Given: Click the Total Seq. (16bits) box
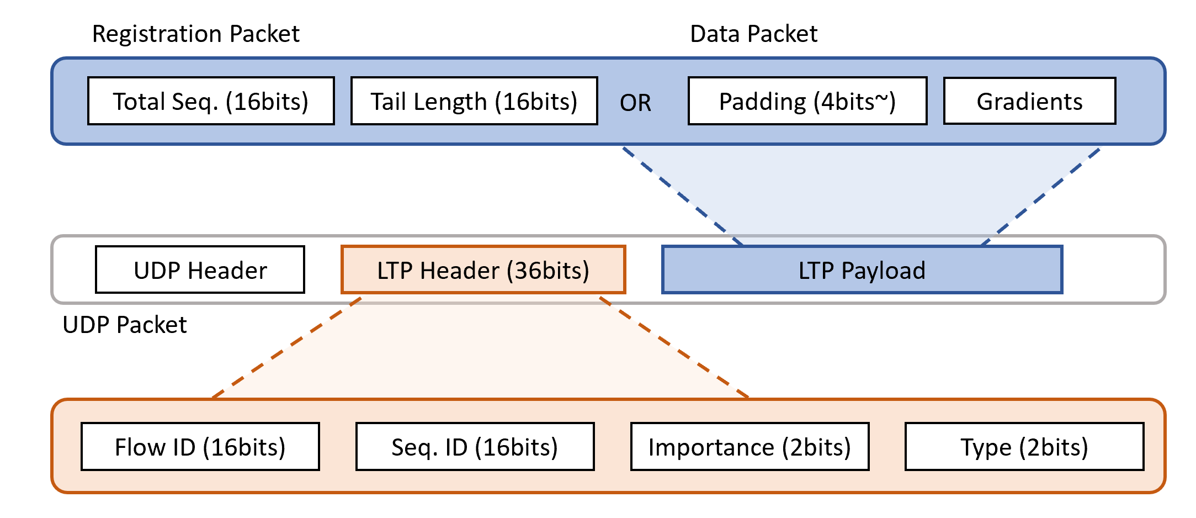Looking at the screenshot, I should [x=211, y=101].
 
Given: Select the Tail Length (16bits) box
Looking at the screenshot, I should [x=474, y=101].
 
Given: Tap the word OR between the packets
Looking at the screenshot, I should [x=635, y=103].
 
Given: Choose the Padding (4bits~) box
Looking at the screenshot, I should [x=807, y=101].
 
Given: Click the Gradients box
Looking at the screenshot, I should [x=1029, y=101].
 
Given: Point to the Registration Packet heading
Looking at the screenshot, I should [x=195, y=34].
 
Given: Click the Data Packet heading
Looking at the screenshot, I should [x=753, y=34].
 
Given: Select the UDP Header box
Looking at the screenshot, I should [x=200, y=270].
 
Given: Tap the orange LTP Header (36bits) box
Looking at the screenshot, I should [x=483, y=270].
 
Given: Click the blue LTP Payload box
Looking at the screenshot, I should [x=862, y=270].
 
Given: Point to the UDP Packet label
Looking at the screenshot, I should [x=125, y=325].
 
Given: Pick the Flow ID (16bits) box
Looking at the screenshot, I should [x=200, y=447].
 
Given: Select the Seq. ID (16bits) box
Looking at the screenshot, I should [x=475, y=447].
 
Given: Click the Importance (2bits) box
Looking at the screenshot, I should [x=750, y=447].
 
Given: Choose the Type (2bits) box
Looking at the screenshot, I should [x=1024, y=447].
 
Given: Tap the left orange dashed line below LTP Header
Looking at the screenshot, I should [x=287, y=347].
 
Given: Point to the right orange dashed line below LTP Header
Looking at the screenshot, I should [x=674, y=347].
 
